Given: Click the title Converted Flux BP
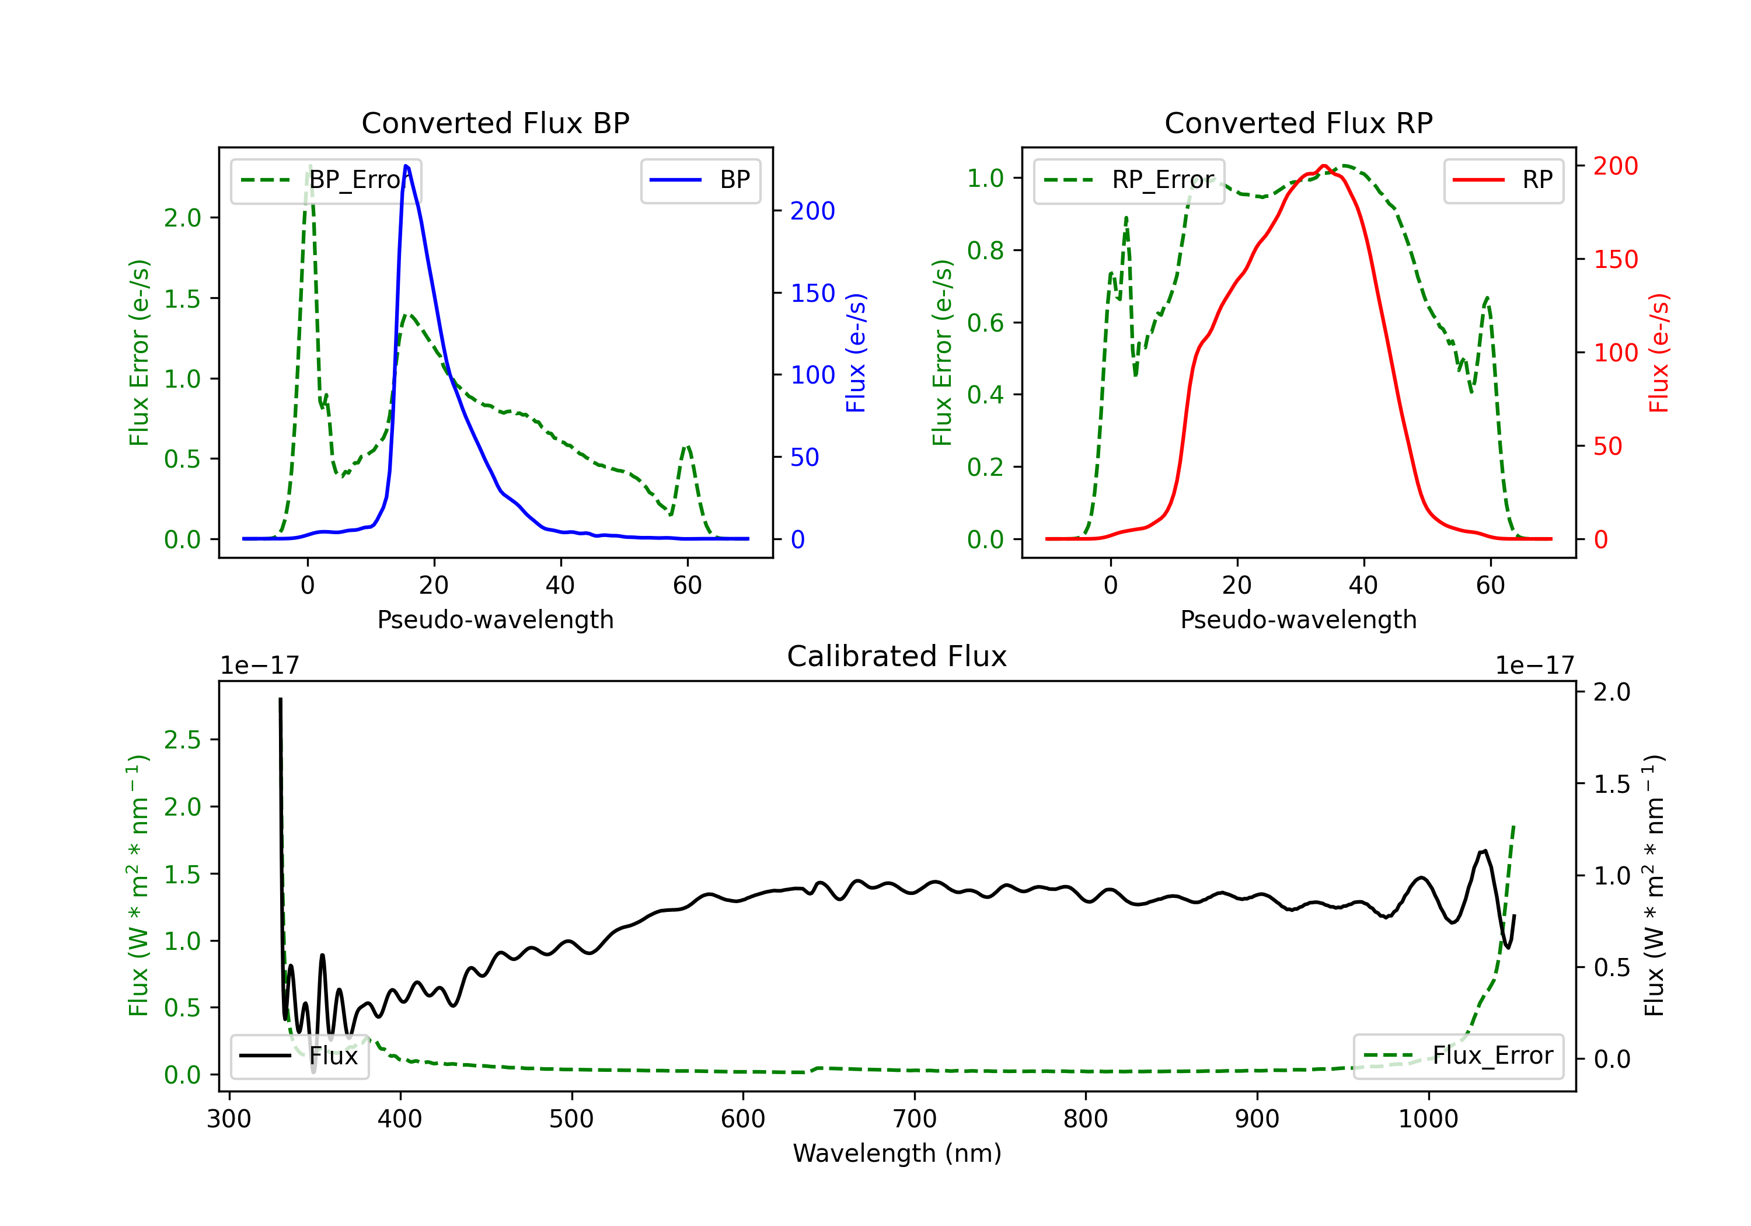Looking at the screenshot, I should click(x=495, y=123).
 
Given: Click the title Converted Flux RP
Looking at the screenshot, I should click(x=1298, y=123).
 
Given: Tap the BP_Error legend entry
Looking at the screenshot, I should click(x=326, y=180).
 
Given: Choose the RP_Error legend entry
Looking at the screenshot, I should click(x=1129, y=180).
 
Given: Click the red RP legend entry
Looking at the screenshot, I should click(x=1503, y=180).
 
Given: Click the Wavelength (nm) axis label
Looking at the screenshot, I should click(x=897, y=1153).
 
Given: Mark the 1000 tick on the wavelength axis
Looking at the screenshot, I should click(x=1428, y=1119).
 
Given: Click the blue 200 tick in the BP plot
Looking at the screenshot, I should click(x=812, y=211).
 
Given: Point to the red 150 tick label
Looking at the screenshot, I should click(x=1615, y=259).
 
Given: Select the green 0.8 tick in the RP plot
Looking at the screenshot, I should click(x=985, y=250).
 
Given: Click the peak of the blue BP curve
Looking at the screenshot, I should click(x=406, y=166).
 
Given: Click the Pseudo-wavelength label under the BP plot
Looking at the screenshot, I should click(x=495, y=619).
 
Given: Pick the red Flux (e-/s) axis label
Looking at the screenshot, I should click(x=1659, y=353).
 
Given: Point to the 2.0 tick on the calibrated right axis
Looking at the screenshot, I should click(x=1612, y=692).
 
